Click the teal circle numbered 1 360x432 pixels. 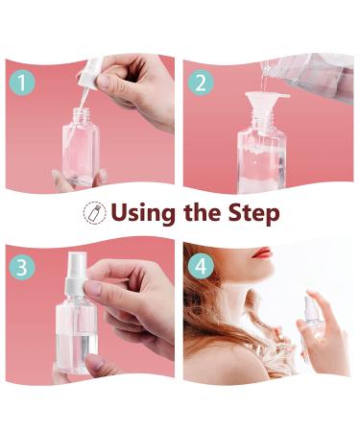[x=22, y=83]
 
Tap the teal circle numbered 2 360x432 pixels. [x=201, y=84]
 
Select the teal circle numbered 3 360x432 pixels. [x=22, y=267]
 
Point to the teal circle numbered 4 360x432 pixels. [x=201, y=266]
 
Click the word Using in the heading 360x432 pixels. [x=143, y=213]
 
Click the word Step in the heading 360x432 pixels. [x=253, y=213]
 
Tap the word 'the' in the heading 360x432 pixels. [x=202, y=212]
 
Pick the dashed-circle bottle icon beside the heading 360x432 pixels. [x=95, y=212]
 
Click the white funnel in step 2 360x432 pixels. [x=265, y=104]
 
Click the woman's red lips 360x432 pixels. [x=261, y=252]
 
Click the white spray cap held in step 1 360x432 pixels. [x=91, y=73]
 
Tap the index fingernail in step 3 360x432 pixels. [x=93, y=288]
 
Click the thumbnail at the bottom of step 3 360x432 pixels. [x=95, y=362]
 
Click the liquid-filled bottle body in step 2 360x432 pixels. [x=261, y=161]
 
